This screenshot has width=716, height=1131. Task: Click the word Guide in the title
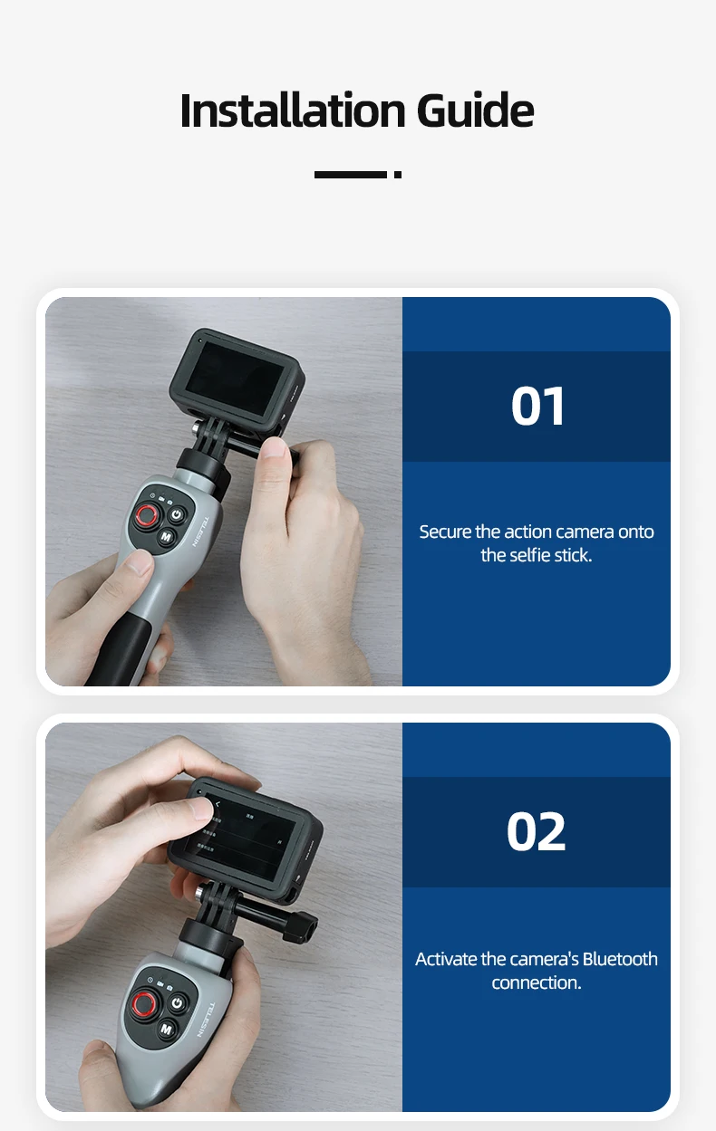[475, 110]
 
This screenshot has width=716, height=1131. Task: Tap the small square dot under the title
[398, 175]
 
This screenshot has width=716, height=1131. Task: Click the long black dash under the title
[350, 175]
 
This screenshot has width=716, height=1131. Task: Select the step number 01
[537, 407]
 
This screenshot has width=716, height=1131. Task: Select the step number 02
[537, 832]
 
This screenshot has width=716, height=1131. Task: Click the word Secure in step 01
[445, 532]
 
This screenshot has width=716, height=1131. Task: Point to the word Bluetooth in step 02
[620, 959]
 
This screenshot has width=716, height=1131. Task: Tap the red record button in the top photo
[146, 517]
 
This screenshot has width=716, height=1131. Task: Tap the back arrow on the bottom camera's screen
[218, 804]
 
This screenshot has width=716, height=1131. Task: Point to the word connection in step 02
[536, 982]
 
